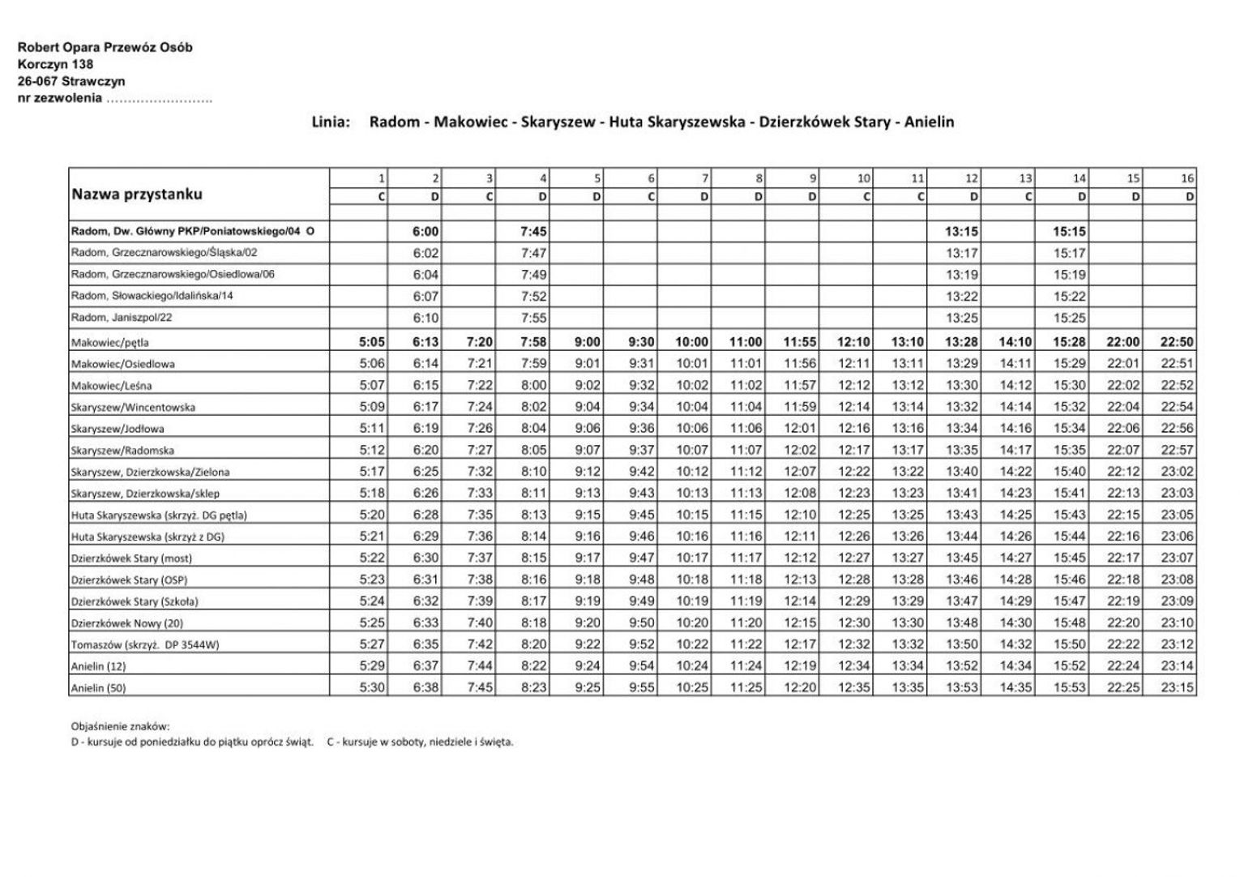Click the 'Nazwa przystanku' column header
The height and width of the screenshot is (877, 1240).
pos(137,195)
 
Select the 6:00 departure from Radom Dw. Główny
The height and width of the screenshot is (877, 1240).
pos(425,232)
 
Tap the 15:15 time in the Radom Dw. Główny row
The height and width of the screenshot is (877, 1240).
pos(1070,232)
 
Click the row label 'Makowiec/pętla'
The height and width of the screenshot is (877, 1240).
pos(109,343)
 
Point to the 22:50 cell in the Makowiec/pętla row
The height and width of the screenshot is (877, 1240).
pos(1177,342)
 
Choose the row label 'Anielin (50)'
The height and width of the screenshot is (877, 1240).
pos(98,688)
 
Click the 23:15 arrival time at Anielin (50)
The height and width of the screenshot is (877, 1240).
pos(1177,687)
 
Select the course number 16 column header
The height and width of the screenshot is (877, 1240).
pos(1187,178)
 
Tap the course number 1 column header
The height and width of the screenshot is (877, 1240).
pos(381,178)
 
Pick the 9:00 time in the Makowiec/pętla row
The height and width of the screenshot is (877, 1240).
pos(588,342)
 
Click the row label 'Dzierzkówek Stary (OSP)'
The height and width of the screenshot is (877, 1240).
pos(129,580)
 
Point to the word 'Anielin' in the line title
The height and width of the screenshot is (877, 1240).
pos(929,122)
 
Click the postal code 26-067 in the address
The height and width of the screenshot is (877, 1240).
pos(37,81)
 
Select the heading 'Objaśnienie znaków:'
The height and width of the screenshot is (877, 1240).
pos(120,727)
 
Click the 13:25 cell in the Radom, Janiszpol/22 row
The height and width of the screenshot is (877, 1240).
pos(961,318)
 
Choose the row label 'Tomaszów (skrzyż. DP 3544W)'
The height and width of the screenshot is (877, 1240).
pos(145,645)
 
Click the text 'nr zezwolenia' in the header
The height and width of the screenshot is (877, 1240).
pos(60,98)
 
